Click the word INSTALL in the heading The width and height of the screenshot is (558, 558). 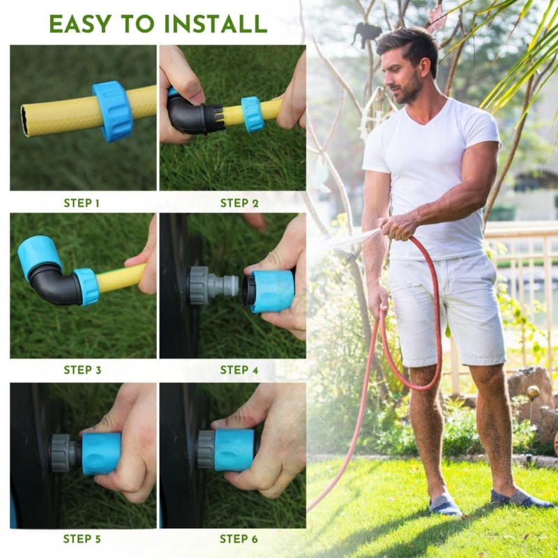tap(216, 24)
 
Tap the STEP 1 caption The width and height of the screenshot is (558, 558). tap(82, 203)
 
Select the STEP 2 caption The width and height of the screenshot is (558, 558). tap(239, 203)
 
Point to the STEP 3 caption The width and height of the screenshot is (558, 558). tap(82, 370)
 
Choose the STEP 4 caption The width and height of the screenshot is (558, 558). tap(239, 370)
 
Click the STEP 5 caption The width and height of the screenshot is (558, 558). tap(82, 538)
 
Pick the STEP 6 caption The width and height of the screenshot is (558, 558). tap(239, 538)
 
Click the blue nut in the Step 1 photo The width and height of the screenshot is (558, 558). tap(113, 112)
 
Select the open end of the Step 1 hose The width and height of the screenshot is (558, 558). tap(25, 121)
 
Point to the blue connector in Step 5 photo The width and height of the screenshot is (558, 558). tap(101, 453)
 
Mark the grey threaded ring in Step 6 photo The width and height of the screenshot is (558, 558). tap(206, 449)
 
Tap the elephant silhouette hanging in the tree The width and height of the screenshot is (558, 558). tap(366, 33)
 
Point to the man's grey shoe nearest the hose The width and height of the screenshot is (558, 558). tap(444, 504)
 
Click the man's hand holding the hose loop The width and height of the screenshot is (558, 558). tap(378, 299)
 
